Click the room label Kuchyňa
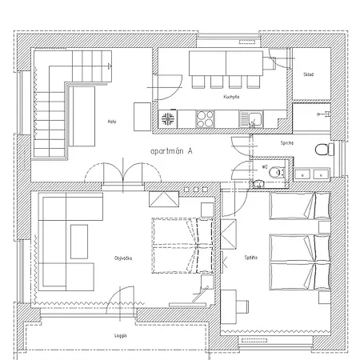click(233, 97)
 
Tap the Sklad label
click(309, 74)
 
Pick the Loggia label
click(121, 337)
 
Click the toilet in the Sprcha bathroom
click(322, 149)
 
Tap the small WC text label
click(263, 167)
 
